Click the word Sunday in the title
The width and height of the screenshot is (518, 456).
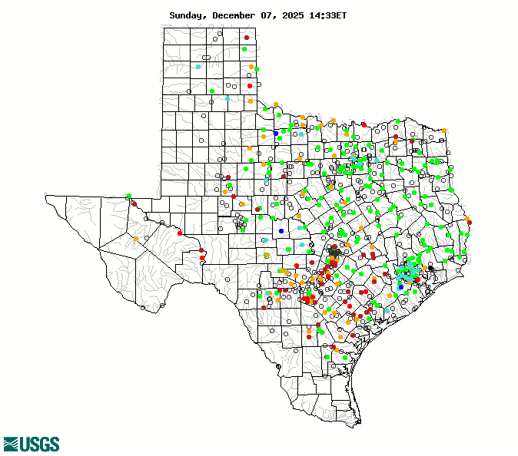point(188,15)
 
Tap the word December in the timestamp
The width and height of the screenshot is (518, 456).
point(237,15)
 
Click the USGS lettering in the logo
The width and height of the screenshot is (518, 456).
point(40,444)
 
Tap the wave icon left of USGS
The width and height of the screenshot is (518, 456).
point(11,444)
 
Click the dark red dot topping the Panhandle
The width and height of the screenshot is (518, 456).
point(247,38)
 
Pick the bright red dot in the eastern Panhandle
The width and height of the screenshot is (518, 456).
point(250,86)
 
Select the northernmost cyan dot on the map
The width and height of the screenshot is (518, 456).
point(198,67)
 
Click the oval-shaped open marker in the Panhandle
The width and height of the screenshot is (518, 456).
point(206,58)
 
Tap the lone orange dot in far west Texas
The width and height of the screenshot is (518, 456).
point(136,239)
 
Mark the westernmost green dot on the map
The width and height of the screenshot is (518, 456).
point(128,196)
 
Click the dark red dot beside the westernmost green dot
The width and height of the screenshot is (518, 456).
point(134,204)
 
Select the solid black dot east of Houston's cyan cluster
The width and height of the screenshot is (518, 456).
point(430,269)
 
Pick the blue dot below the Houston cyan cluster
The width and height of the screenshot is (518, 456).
point(400,287)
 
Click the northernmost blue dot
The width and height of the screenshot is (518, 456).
point(276,134)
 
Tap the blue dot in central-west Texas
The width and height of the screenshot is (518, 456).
point(281,230)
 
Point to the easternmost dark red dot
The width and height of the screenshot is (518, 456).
point(470,223)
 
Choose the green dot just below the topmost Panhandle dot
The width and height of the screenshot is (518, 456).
point(244,49)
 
